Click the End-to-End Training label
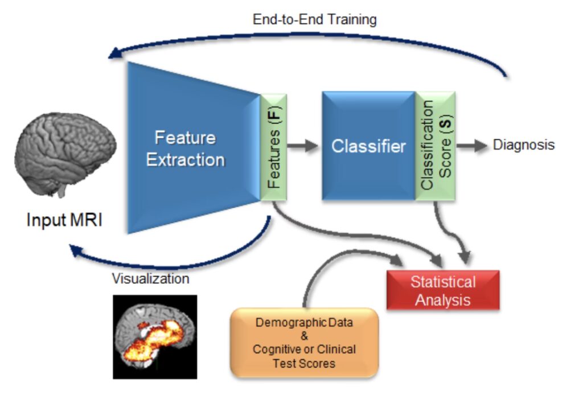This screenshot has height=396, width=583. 314,19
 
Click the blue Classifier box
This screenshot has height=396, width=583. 368,146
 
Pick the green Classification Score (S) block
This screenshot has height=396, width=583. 435,146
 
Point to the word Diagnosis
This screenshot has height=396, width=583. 523,145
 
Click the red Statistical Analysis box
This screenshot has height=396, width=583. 443,290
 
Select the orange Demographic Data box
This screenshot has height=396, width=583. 304,342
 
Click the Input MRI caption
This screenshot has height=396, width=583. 64,220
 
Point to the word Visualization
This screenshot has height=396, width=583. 150,279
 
